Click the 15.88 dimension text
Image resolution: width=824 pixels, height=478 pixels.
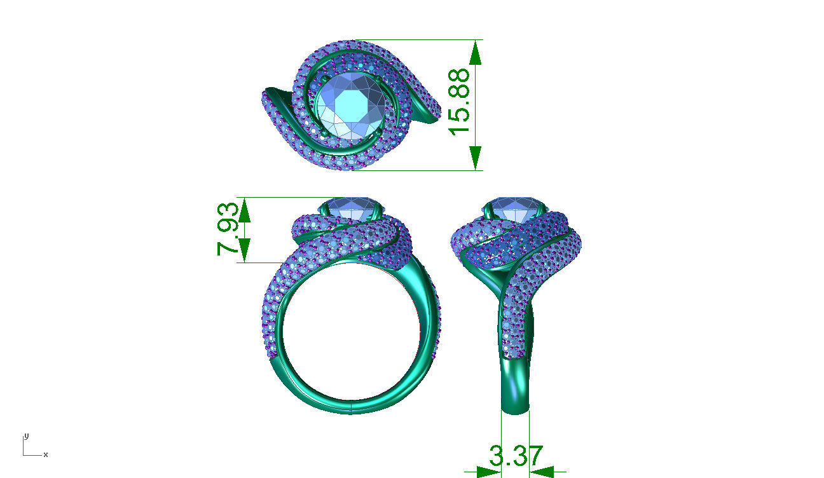[x=460, y=102]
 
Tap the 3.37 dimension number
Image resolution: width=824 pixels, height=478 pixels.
[x=516, y=456]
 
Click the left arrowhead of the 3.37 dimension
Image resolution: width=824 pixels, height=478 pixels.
[x=489, y=472]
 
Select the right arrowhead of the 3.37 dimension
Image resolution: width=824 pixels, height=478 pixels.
[x=542, y=472]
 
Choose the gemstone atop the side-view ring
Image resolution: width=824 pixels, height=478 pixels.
[x=515, y=208]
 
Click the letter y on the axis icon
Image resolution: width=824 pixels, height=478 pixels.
[x=26, y=436]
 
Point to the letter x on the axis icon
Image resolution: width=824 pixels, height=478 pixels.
[x=46, y=454]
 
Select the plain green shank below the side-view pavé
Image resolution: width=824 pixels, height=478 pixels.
[x=515, y=388]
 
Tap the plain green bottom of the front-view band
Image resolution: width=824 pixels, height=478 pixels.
[x=350, y=402]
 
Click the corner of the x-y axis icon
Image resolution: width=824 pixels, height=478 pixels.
[x=24, y=454]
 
